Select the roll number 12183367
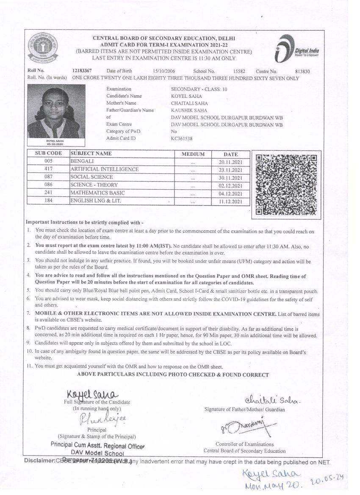(82, 71)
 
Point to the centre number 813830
(302, 72)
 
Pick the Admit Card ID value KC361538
(181, 138)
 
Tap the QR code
(286, 185)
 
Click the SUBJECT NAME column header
(91, 153)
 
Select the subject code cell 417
(48, 169)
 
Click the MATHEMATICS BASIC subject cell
(97, 193)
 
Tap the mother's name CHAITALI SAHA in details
(189, 103)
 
